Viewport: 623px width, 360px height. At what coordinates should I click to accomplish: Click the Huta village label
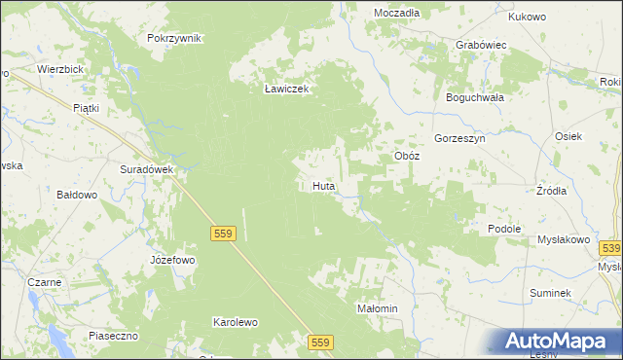(x=325, y=184)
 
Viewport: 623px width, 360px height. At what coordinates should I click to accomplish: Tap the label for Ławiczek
(x=286, y=89)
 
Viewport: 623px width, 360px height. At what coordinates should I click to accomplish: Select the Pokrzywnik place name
(x=174, y=38)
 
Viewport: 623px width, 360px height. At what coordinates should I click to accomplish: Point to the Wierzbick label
(x=59, y=70)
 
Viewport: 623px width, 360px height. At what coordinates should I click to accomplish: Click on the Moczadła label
(x=397, y=13)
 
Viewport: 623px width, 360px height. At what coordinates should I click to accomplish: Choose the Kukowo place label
(x=529, y=17)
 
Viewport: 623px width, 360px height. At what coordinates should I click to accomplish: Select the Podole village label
(x=506, y=228)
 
